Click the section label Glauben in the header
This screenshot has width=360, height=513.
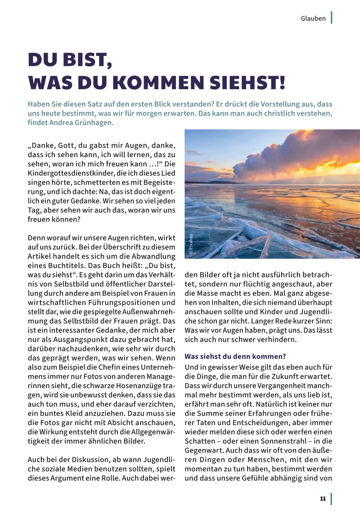pyautogui.click(x=313, y=18)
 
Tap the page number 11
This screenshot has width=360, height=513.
pyautogui.click(x=323, y=499)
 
